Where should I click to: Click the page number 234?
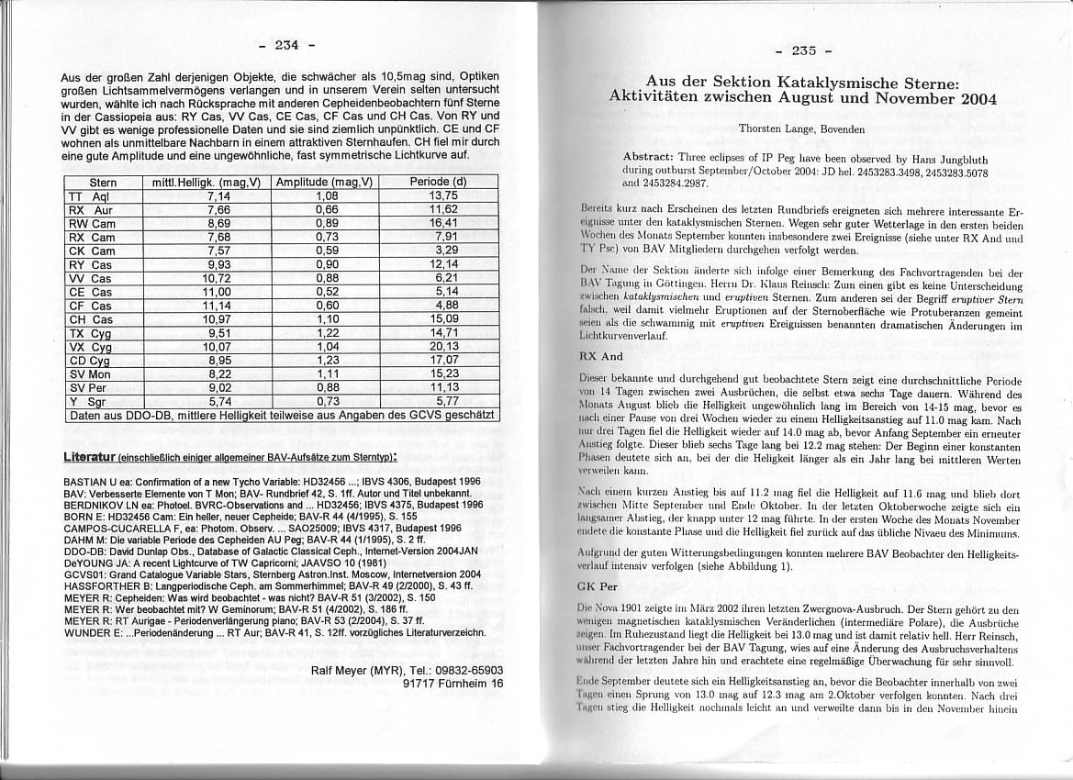click(287, 45)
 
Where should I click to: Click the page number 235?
click(805, 51)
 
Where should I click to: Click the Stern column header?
click(103, 183)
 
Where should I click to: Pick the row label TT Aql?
click(90, 196)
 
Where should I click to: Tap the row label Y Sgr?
click(90, 401)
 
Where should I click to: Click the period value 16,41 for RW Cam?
click(443, 223)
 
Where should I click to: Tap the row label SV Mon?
click(90, 373)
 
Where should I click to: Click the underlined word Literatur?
click(90, 456)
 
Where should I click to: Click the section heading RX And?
click(601, 356)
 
